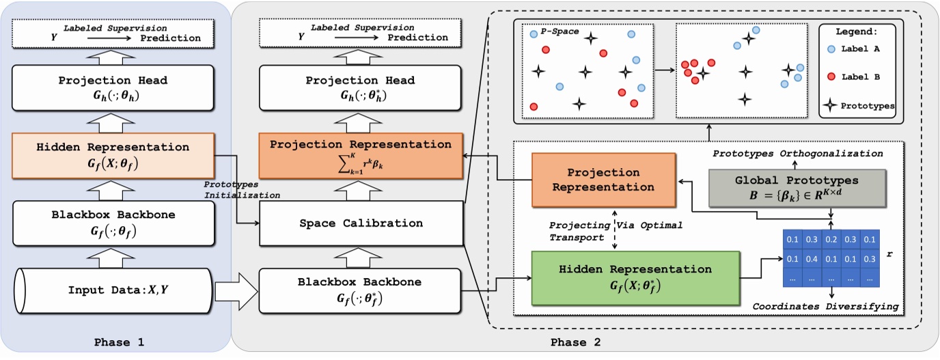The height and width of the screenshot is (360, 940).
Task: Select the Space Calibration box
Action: point(360,223)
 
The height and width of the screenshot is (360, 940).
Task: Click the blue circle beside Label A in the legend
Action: point(830,49)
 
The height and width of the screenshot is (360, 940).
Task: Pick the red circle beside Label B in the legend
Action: point(830,77)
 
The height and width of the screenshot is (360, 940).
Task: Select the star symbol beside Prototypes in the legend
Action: point(830,105)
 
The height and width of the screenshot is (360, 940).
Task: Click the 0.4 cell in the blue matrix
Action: point(812,259)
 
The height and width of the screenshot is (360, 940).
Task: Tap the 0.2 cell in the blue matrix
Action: point(831,240)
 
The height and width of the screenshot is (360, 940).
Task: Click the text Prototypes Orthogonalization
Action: point(798,154)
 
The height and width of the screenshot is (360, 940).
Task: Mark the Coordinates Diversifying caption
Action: point(825,307)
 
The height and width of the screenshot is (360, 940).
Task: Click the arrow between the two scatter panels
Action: point(663,70)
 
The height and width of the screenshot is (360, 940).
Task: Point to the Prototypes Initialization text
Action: point(242,189)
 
